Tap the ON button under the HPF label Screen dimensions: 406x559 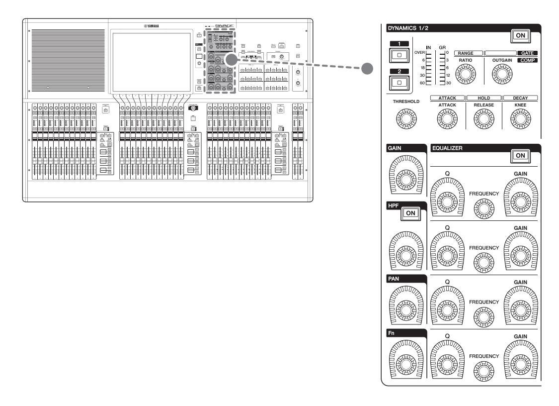point(409,212)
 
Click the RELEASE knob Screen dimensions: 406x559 point(483,118)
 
